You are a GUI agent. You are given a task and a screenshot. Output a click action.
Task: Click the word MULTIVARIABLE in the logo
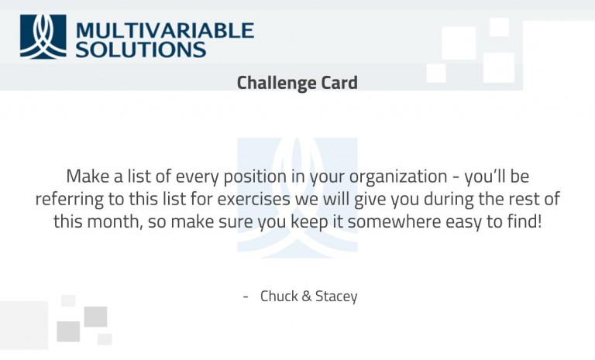165,30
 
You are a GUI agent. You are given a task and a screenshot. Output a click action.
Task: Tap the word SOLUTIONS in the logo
141,50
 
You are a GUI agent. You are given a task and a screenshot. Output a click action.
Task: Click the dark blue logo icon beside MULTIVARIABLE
43,36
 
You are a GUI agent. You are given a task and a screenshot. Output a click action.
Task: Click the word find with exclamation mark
518,221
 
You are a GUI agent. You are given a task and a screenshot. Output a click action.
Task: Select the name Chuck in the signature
279,297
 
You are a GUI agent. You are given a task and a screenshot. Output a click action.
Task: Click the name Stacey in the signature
336,297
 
